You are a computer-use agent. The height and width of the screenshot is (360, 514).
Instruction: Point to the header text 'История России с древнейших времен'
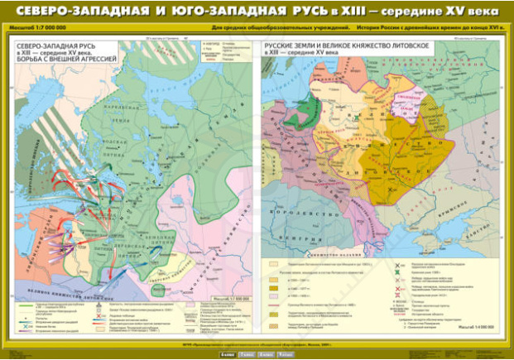[x=398, y=29]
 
